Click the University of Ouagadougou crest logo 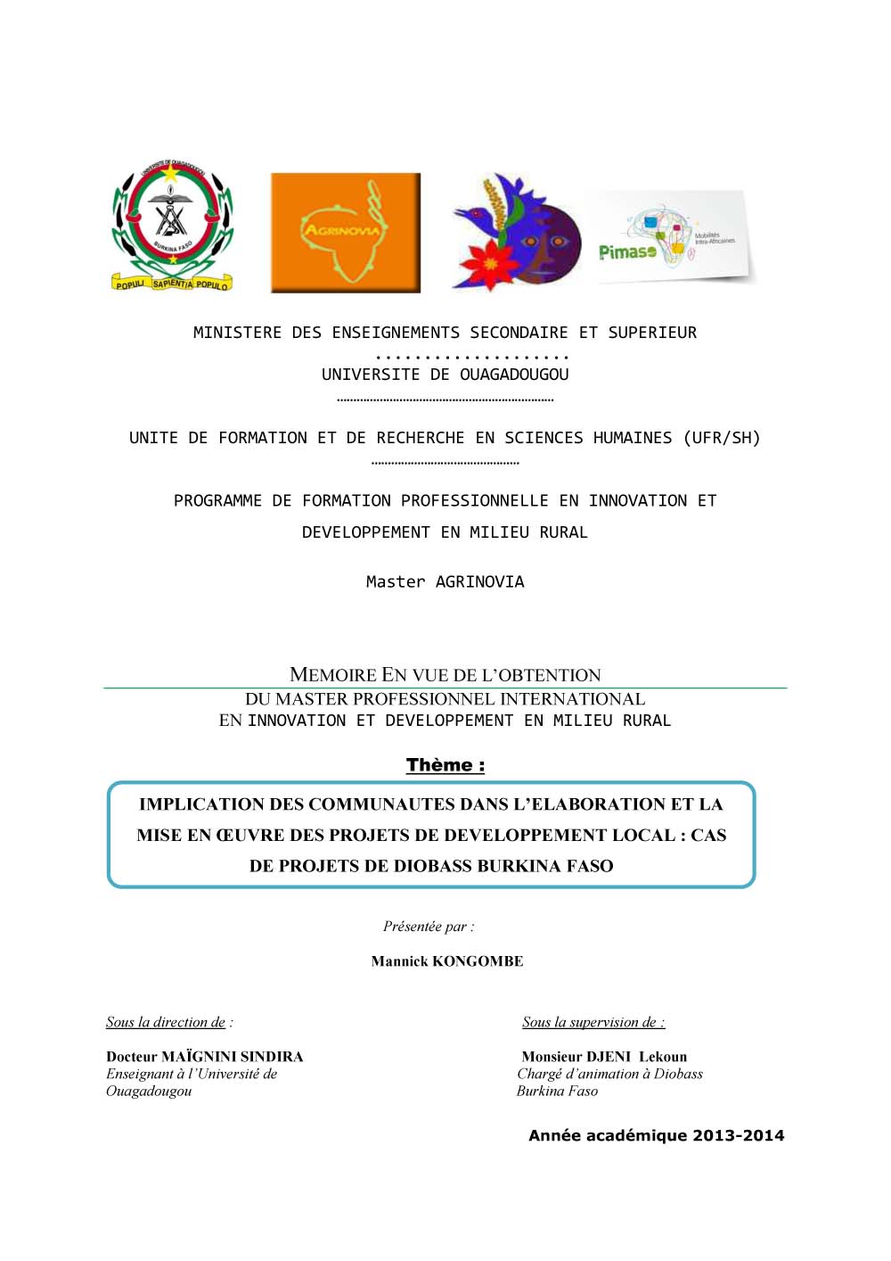172,227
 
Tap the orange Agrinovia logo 346,232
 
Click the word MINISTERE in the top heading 237,333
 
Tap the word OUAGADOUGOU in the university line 514,375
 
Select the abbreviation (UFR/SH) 722,438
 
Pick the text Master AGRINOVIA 445,581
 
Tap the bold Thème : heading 445,765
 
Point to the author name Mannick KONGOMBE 447,961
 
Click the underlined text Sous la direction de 166,1022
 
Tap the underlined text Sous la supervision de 590,1022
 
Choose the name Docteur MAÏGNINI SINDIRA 205,1057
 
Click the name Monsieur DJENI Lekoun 604,1057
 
